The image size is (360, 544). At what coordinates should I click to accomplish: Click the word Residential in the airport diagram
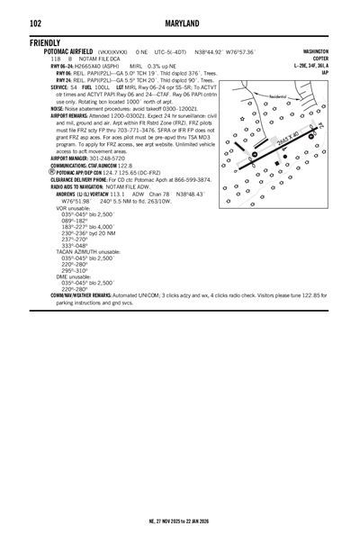pos(268,95)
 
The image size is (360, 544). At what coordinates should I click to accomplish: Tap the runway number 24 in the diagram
pos(320,127)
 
